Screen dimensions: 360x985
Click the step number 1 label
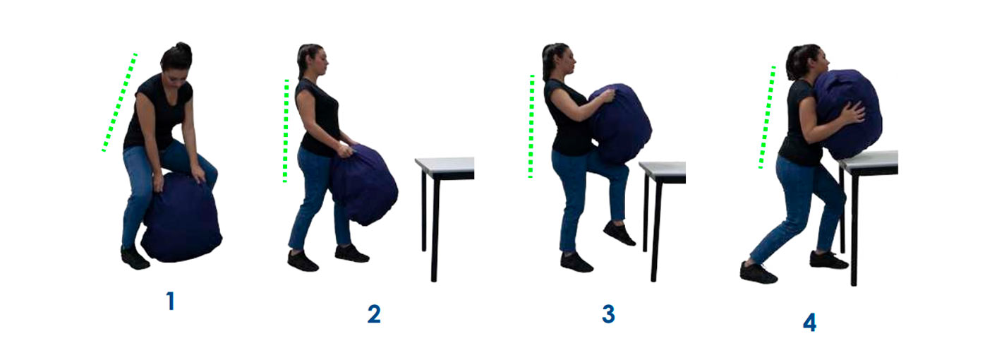coord(169,301)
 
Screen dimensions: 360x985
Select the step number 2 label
coord(374,313)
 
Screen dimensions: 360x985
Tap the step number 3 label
coord(608,313)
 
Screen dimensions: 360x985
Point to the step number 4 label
coord(809,323)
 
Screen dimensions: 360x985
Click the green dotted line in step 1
coord(119,102)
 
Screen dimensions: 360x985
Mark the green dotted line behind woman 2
coord(286,131)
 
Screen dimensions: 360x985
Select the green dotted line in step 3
coord(531,126)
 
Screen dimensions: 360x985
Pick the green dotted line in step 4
coord(767,117)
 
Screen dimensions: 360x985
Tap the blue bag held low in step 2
coord(365,185)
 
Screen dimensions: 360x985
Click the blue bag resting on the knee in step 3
coord(619,124)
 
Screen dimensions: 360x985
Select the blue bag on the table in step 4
coord(847,113)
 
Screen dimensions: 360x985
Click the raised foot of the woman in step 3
coord(619,234)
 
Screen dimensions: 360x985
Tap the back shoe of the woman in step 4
coord(758,272)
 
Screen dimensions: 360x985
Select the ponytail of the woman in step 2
coord(302,59)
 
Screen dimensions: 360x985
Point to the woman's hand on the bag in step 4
coord(854,113)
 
